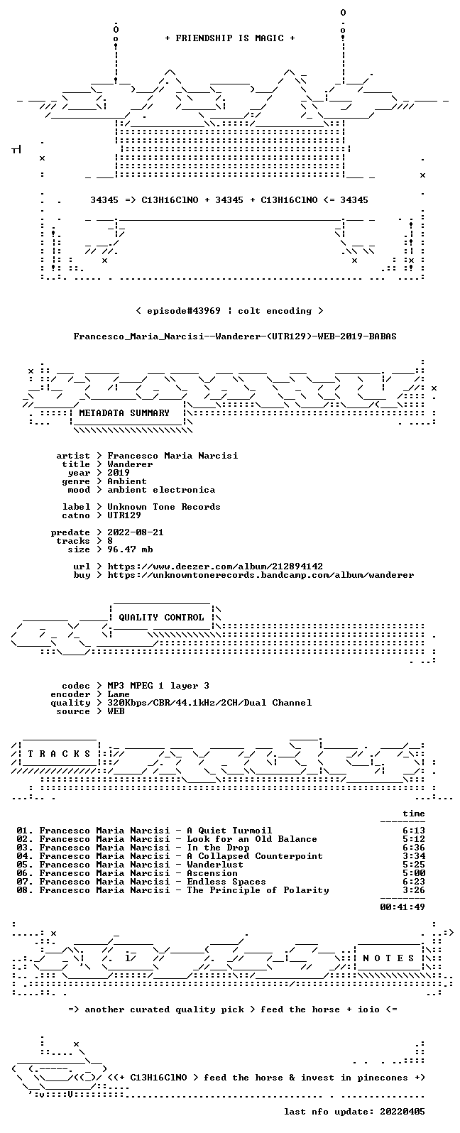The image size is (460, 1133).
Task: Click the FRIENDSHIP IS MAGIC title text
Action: pos(230,38)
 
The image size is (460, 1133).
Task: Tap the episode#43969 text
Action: pos(184,311)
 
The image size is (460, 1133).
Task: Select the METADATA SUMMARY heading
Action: pos(124,413)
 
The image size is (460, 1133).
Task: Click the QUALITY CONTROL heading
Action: pos(161,618)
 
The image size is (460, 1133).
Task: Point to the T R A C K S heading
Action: pos(59,754)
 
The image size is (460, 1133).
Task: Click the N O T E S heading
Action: pos(388,958)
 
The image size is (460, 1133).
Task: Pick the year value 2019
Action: pos(119,473)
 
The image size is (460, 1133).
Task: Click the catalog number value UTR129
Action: pos(124,515)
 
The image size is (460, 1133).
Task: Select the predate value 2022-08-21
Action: pos(136,532)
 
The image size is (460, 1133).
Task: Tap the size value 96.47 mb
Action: pos(130,549)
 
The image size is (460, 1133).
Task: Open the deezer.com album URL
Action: pos(215,566)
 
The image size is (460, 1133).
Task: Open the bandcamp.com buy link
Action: pos(261,575)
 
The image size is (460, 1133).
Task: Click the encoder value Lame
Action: pos(119,694)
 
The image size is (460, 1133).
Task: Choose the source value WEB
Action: pos(116,711)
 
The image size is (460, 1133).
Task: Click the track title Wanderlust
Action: pos(215,865)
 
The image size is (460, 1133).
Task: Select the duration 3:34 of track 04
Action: pos(414,856)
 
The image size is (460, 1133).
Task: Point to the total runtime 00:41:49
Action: pos(402,907)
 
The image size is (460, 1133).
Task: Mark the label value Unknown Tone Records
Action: pos(164,507)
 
